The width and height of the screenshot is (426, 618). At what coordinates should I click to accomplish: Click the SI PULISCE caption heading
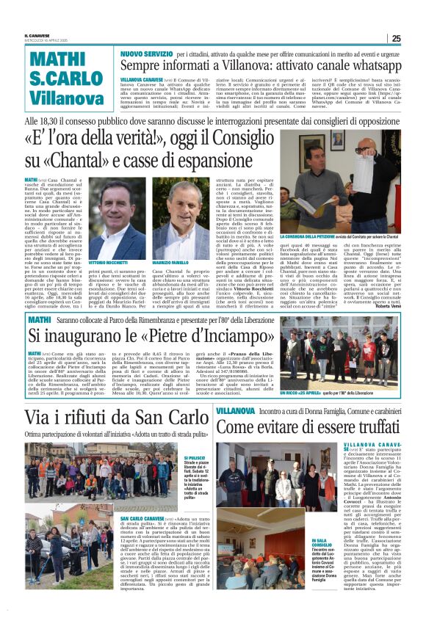(194, 457)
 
